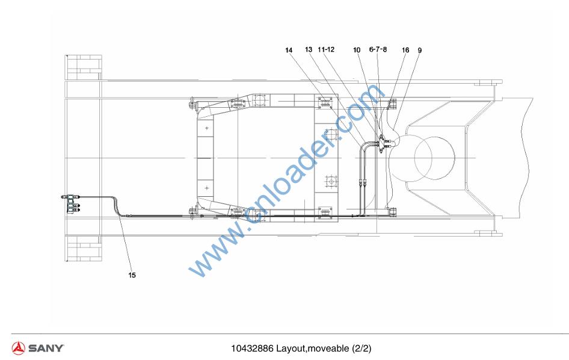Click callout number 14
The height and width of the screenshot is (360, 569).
(289, 50)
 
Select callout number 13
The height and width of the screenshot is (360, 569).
(309, 49)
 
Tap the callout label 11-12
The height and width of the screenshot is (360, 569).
(326, 49)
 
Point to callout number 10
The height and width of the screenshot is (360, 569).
(357, 50)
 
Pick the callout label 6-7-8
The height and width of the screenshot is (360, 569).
(378, 49)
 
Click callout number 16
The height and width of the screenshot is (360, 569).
(405, 50)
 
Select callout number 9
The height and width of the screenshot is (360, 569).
(420, 50)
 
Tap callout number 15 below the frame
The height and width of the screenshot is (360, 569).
(132, 275)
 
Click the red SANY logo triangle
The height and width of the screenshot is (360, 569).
(18, 348)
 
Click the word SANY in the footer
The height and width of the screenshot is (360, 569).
(46, 348)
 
